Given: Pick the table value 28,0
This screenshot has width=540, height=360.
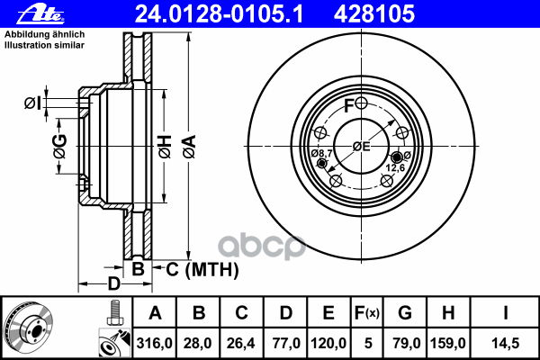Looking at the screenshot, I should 200,343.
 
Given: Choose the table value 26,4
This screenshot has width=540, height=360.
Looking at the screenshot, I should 242,343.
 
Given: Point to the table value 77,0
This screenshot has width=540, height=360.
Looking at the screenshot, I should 285,343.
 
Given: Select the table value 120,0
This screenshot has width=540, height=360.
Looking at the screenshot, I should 329,343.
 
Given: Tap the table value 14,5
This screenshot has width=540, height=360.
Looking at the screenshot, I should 504,343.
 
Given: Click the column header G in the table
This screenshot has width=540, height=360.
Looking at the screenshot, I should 405,314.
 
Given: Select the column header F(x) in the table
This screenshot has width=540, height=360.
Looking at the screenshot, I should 368,314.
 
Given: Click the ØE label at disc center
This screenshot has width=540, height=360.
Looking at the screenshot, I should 361,147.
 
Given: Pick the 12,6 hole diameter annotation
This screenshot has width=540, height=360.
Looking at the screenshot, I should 397,167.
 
